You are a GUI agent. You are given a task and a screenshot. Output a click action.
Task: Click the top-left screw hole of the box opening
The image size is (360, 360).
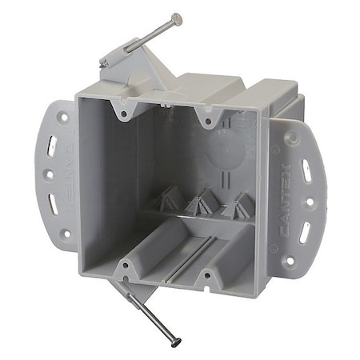tap(123, 114)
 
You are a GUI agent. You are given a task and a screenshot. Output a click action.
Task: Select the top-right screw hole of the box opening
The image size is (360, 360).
tap(208, 122)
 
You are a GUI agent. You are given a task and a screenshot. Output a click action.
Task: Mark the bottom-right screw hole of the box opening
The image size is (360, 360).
tap(206, 276)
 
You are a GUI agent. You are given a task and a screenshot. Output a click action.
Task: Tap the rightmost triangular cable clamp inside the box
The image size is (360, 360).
tap(235, 210)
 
